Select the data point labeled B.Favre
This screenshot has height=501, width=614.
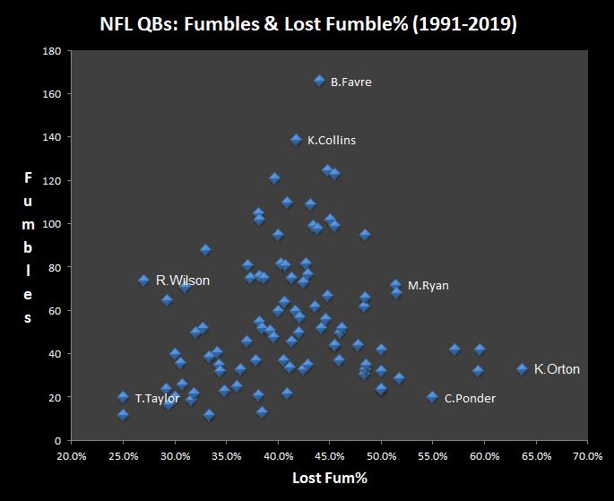click(319, 81)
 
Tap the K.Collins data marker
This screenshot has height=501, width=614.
click(296, 139)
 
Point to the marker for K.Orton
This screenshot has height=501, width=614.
click(522, 368)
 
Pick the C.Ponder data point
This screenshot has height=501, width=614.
click(432, 397)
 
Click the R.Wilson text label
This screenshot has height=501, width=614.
click(183, 281)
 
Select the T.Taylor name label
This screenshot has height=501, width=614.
click(159, 398)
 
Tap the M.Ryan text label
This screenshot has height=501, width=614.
click(428, 286)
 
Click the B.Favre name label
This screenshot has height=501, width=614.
click(350, 82)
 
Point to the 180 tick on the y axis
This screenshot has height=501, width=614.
click(50, 51)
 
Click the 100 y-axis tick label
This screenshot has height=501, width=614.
click(50, 224)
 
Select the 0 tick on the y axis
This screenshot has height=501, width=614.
click(56, 441)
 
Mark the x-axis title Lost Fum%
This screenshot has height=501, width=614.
click(329, 479)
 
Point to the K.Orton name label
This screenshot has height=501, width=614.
click(557, 369)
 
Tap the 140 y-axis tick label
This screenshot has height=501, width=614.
click(50, 137)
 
